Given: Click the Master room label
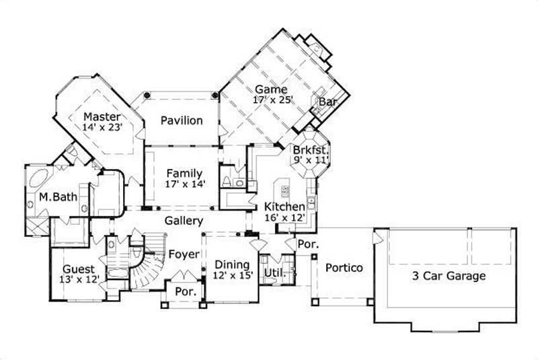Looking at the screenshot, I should coord(102,116).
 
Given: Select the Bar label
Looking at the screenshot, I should coord(328,102).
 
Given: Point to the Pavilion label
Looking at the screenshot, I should coord(182,121).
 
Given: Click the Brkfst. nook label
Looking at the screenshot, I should coord(311,149).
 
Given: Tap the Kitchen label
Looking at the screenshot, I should coord(289,207).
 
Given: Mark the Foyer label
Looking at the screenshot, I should coord(183,254).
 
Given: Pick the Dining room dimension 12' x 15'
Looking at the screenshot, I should coord(231,275).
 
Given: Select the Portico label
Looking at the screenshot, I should coord(344,268).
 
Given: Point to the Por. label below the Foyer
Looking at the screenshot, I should coord(185,292).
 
